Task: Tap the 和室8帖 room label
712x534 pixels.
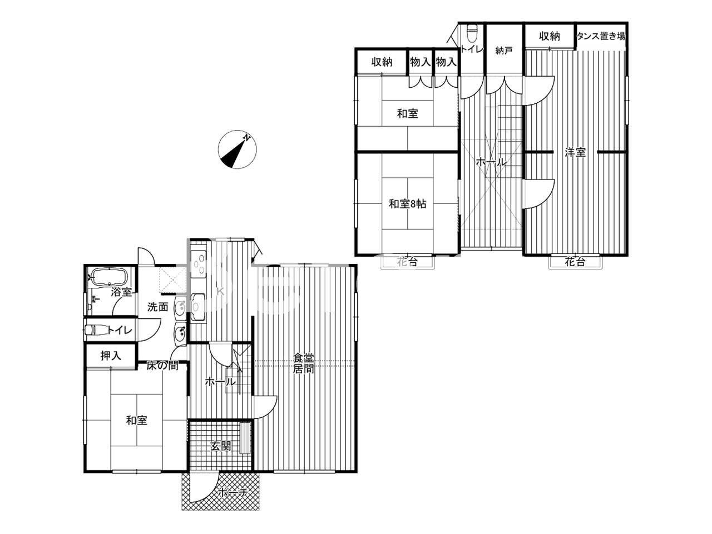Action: click(x=407, y=204)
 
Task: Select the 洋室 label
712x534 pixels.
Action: click(x=575, y=152)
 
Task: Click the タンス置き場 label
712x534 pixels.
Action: click(x=601, y=37)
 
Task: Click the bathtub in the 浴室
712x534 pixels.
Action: click(x=110, y=277)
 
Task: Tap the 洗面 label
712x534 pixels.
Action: click(x=157, y=306)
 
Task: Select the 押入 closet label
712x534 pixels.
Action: click(x=110, y=356)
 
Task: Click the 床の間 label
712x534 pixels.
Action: click(x=162, y=366)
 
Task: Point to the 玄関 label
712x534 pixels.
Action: click(x=221, y=446)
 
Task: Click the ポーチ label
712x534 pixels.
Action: click(x=231, y=492)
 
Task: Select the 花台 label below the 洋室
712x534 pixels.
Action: click(x=575, y=262)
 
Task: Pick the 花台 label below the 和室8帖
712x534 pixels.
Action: click(x=407, y=262)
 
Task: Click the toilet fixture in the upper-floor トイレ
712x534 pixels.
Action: click(x=472, y=33)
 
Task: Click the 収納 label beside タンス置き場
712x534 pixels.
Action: click(x=549, y=37)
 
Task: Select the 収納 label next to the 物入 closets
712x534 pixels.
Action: click(x=382, y=62)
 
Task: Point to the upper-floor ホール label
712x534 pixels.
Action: click(x=491, y=163)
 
